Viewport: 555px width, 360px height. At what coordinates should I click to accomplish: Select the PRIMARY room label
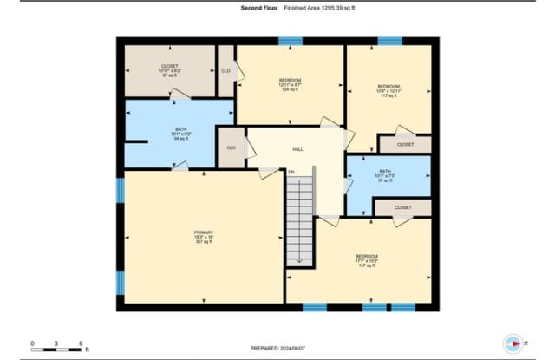point(203,235)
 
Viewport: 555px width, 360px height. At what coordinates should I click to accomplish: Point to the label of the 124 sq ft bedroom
point(290,84)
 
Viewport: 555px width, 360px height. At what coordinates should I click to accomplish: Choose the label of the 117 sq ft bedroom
point(388,90)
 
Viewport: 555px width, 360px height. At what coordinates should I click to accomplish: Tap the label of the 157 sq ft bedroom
point(366,259)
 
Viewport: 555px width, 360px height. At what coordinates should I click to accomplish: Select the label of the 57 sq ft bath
point(385,175)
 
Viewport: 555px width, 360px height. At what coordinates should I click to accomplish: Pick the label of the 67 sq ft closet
point(169,70)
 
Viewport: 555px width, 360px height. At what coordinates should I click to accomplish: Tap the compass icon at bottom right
point(513,343)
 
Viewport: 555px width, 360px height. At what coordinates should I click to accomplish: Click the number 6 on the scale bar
point(81,343)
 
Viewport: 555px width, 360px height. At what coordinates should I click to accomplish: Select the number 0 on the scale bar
point(32,343)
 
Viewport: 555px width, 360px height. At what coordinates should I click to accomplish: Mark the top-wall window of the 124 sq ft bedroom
point(291,41)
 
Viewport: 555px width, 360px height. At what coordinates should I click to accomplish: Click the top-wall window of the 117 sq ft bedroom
point(389,41)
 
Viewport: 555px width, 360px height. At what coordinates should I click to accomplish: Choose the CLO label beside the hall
point(232,147)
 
